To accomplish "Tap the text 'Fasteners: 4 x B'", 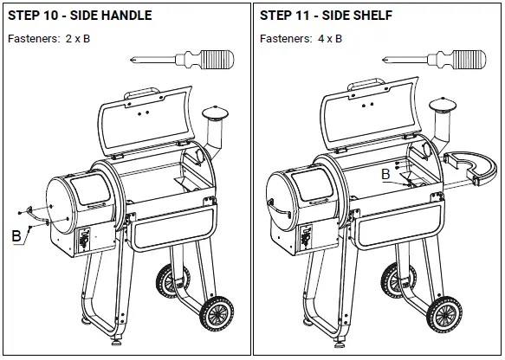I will [x=301, y=39].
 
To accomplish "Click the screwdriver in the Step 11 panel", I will [x=432, y=60].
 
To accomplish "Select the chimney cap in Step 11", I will [x=442, y=107].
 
